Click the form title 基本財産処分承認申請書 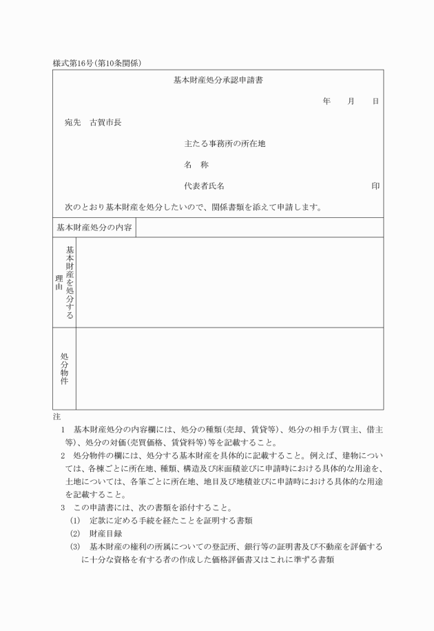[x=217, y=81]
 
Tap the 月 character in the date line [x=351, y=101]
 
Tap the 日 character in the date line [x=375, y=101]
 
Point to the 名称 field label [x=196, y=165]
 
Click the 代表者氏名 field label [x=204, y=186]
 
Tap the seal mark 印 [x=375, y=186]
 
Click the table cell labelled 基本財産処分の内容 [x=94, y=228]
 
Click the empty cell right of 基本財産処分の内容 [x=259, y=228]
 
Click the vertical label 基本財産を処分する [x=70, y=282]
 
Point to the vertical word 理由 [x=59, y=283]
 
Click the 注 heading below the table [x=56, y=417]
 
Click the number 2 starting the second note [x=63, y=456]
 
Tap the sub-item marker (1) [x=75, y=519]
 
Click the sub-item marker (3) [x=75, y=546]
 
